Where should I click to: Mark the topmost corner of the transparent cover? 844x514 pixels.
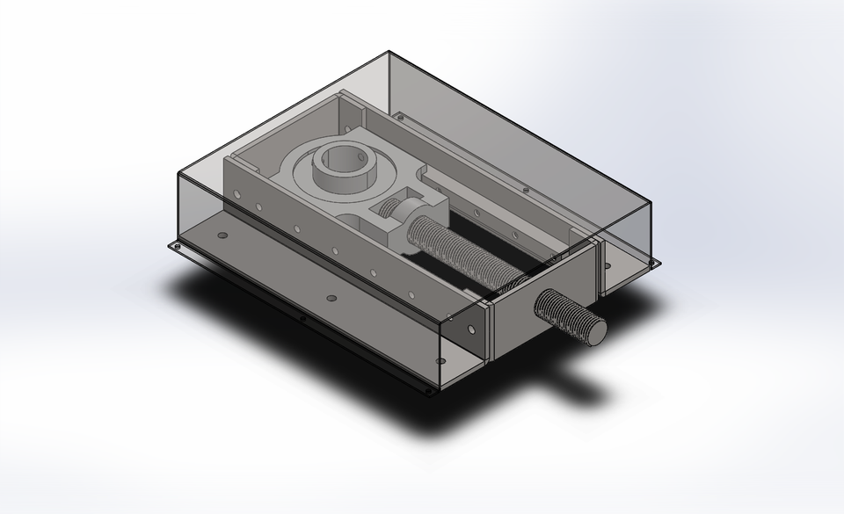click(x=389, y=52)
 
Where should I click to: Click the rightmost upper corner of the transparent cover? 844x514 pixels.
click(x=651, y=201)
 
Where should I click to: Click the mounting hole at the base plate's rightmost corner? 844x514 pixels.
click(x=654, y=261)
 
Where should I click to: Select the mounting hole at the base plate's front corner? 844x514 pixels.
click(x=429, y=390)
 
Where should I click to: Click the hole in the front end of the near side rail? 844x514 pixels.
click(x=472, y=330)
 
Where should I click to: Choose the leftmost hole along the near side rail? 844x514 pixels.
click(x=259, y=207)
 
